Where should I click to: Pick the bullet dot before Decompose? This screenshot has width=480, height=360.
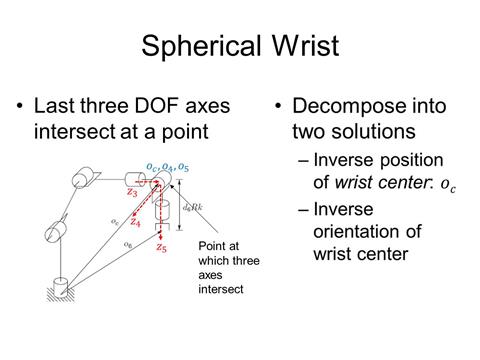(x=274, y=104)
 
